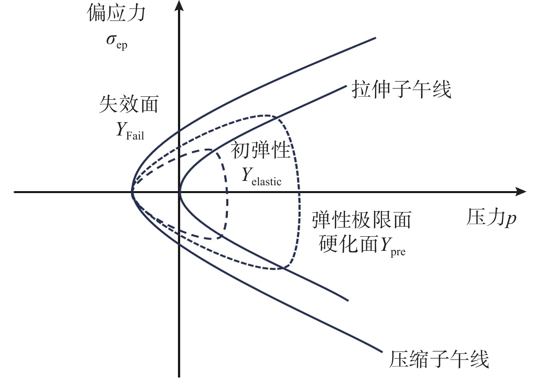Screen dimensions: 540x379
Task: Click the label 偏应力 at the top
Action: pyautogui.click(x=116, y=12)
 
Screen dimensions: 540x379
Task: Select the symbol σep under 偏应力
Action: pyautogui.click(x=117, y=42)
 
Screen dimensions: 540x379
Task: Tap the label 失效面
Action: pyautogui.click(x=129, y=104)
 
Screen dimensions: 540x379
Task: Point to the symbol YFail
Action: pyautogui.click(x=130, y=131)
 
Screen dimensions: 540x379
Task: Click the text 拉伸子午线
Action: pyautogui.click(x=401, y=89)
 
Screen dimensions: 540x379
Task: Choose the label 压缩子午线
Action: pyautogui.click(x=439, y=359)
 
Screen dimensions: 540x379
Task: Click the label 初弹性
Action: pyautogui.click(x=260, y=150)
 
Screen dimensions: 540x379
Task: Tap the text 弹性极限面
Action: pyautogui.click(x=361, y=220)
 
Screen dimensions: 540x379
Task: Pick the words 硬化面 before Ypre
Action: pyautogui.click(x=348, y=244)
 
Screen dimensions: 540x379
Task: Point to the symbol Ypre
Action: pyautogui.click(x=393, y=246)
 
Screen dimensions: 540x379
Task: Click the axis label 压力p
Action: pyautogui.click(x=491, y=218)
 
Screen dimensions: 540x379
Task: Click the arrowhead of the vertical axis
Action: pyautogui.click(x=179, y=5)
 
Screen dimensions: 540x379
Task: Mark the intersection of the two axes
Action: pyautogui.click(x=179, y=192)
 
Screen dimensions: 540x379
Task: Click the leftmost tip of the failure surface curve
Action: pyautogui.click(x=132, y=192)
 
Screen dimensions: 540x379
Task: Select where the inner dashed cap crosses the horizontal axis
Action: pyautogui.click(x=227, y=192)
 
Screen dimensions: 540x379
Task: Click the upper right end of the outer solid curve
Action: pyautogui.click(x=376, y=38)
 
